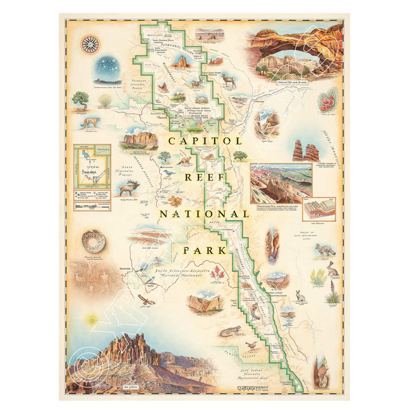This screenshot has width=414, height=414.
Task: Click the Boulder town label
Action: (125, 269)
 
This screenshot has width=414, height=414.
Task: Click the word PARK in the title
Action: (205, 250)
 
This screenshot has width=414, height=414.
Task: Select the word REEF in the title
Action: (205, 178)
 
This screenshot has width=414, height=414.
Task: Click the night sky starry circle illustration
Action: (107, 69)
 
